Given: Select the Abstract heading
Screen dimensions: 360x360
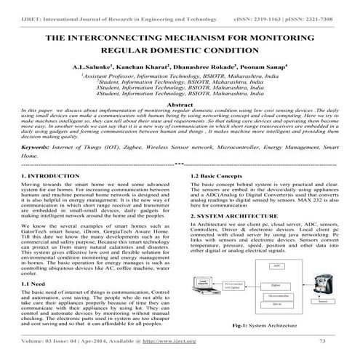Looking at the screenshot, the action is tap(180, 104).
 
